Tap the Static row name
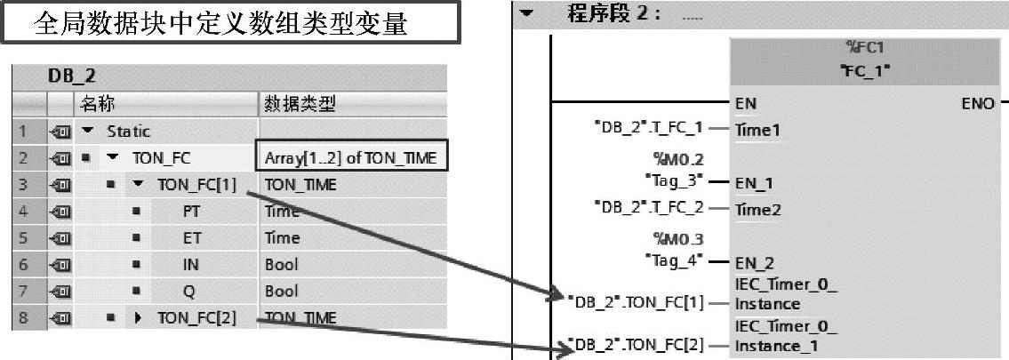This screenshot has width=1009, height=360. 129,132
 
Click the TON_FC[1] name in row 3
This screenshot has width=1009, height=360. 196,185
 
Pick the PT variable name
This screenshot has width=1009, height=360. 191,212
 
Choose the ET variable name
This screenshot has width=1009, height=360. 191,238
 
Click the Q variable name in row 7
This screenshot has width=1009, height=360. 188,291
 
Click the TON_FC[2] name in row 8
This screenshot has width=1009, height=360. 196,317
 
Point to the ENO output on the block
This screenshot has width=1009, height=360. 978,103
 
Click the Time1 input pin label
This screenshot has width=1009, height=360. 757,130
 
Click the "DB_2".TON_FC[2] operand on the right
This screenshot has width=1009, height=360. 636,344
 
